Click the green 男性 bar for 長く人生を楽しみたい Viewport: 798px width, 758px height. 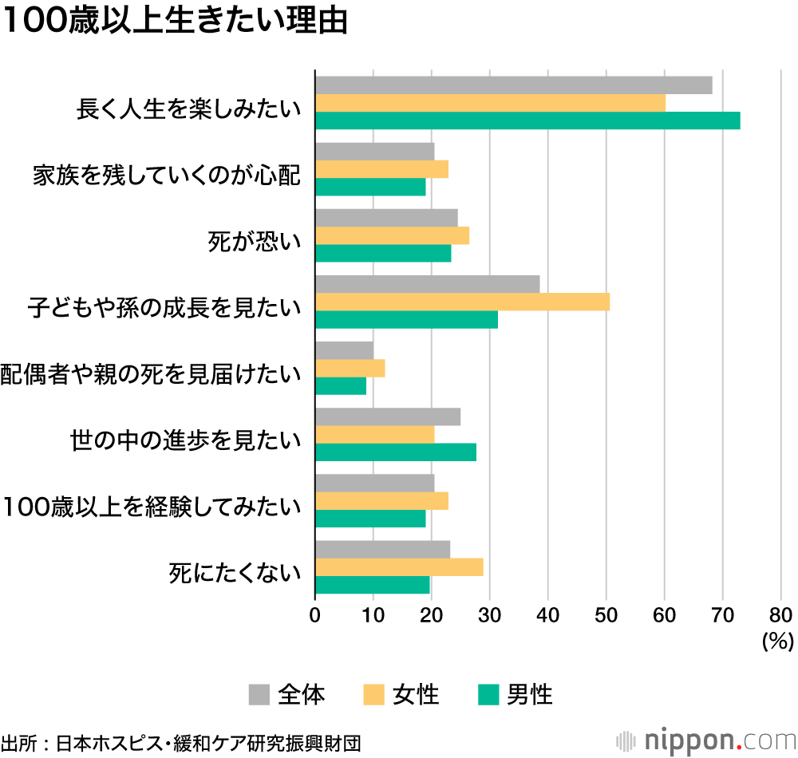click(x=527, y=120)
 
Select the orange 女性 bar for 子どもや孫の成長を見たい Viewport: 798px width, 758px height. click(x=462, y=302)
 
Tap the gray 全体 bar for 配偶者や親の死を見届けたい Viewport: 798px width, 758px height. click(x=344, y=350)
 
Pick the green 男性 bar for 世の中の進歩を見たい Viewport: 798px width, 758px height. click(x=396, y=452)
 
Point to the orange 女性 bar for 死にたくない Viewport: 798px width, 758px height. click(x=399, y=567)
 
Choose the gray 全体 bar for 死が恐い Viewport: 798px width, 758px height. click(x=386, y=218)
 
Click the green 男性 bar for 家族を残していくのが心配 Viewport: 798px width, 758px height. click(x=370, y=187)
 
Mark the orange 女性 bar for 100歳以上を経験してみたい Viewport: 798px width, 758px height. click(x=381, y=501)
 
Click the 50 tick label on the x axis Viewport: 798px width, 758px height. click(x=606, y=615)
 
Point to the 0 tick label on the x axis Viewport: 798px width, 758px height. click(x=315, y=615)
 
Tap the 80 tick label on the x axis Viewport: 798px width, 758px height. click(x=780, y=615)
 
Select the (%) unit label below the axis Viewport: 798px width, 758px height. click(x=776, y=640)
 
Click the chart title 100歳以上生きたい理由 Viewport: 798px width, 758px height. click(x=176, y=22)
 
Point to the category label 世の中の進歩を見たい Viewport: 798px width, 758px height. click(x=185, y=440)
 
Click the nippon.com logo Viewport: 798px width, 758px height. click(x=705, y=740)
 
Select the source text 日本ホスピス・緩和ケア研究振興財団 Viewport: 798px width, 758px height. click(x=208, y=742)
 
